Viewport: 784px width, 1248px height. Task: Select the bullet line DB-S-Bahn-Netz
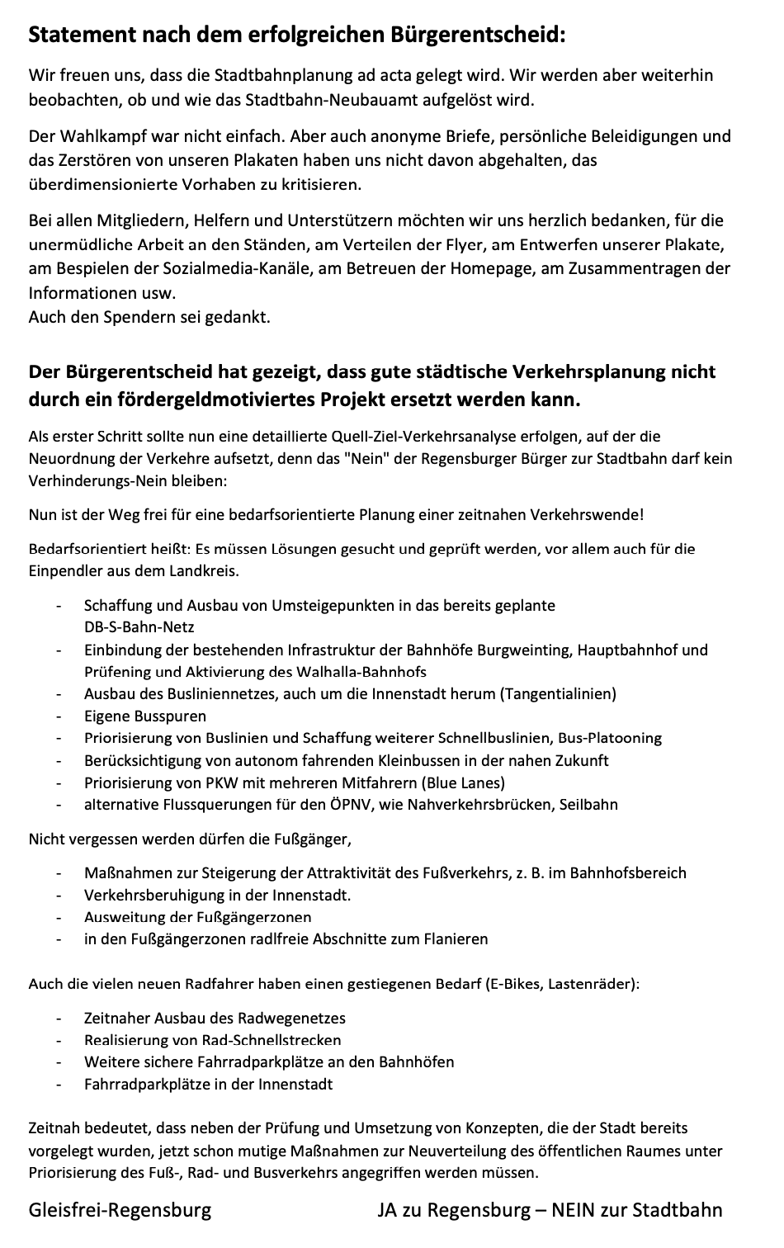pyautogui.click(x=139, y=627)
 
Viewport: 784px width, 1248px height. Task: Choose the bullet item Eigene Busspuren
pyautogui.click(x=145, y=716)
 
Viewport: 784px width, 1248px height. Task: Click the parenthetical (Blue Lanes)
pyautogui.click(x=461, y=782)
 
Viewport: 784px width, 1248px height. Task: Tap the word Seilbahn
pyautogui.click(x=588, y=805)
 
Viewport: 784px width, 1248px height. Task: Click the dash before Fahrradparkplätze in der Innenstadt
pyautogui.click(x=59, y=1085)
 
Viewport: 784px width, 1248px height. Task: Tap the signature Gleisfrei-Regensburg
pyautogui.click(x=120, y=1211)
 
